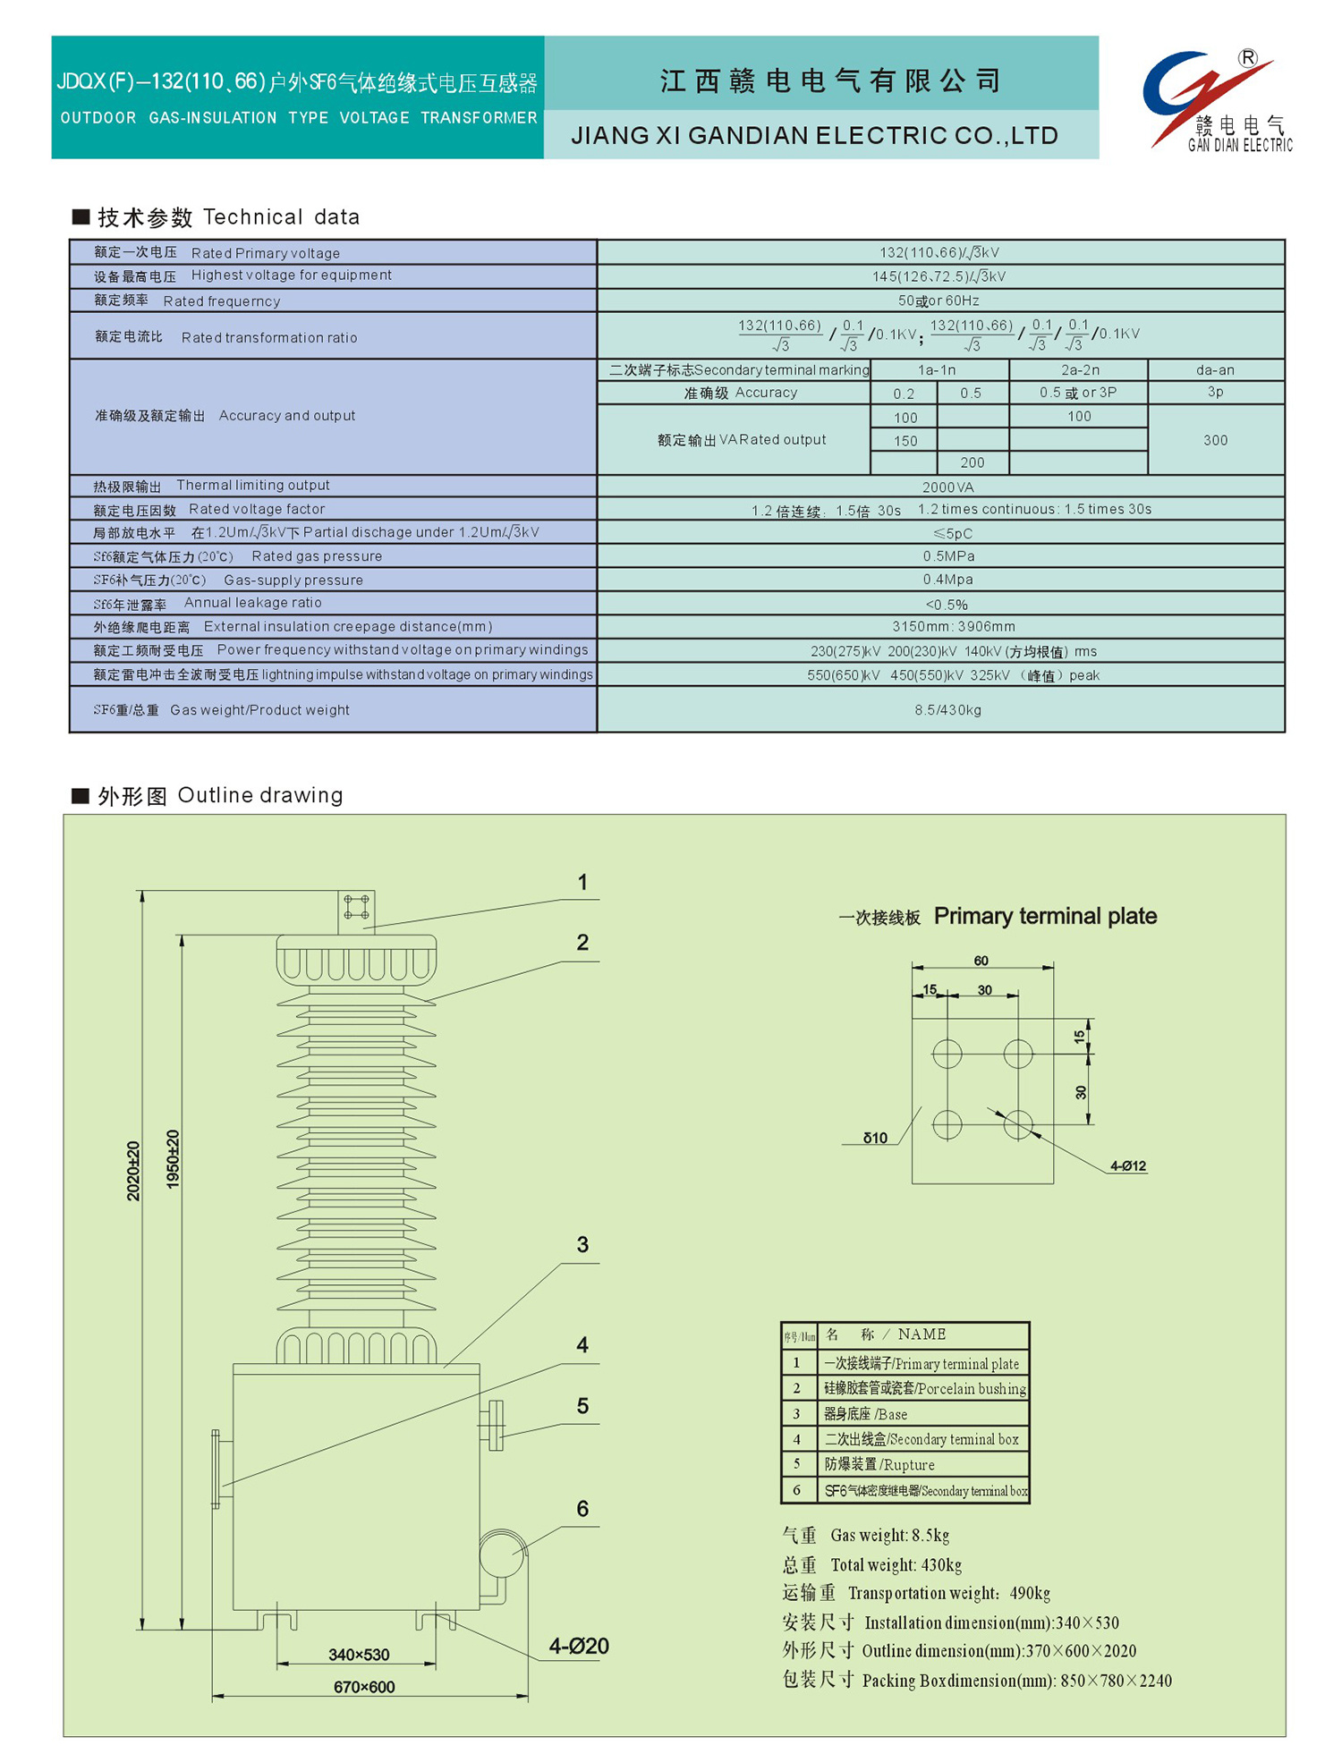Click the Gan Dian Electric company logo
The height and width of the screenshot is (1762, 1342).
(1217, 100)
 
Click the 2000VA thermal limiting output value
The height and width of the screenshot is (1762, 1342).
(947, 487)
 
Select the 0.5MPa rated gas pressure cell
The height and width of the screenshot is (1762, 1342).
(948, 556)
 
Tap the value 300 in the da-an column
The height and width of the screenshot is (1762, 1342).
(1215, 440)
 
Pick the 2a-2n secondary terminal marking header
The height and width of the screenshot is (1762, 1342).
(1080, 369)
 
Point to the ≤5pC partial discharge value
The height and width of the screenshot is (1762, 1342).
(952, 533)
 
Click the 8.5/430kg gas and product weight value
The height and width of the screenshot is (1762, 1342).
(947, 710)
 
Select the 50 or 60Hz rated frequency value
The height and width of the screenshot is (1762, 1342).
(939, 301)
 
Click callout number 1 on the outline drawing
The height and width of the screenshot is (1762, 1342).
(582, 883)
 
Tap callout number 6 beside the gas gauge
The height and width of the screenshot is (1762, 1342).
(582, 1509)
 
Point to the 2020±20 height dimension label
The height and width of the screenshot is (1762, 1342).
(133, 1171)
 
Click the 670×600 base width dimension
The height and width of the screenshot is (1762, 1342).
(364, 1687)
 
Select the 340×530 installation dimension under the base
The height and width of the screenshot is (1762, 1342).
(359, 1655)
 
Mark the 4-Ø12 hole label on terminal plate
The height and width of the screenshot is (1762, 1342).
(1128, 1166)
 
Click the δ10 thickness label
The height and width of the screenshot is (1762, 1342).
(875, 1138)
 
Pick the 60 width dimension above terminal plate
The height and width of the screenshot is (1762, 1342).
(981, 961)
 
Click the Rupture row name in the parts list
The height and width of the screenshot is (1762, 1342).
(879, 1464)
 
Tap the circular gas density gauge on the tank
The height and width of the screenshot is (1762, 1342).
(502, 1554)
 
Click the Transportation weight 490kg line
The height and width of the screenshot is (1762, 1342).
(916, 1593)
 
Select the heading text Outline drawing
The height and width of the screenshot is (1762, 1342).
(260, 795)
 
